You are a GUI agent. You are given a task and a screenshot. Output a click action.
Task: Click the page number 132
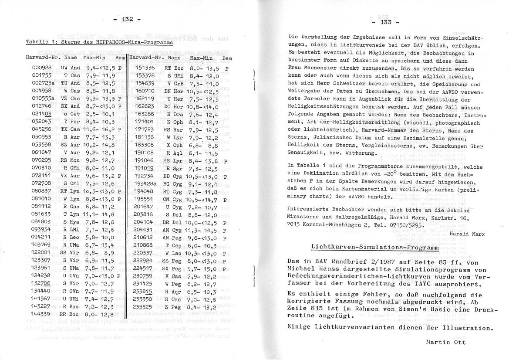(127, 20)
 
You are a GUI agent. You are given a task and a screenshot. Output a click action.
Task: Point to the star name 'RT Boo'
(172, 68)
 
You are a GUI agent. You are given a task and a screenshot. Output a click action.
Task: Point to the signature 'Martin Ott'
(446, 342)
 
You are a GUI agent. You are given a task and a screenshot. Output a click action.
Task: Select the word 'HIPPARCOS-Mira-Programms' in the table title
(137, 42)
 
